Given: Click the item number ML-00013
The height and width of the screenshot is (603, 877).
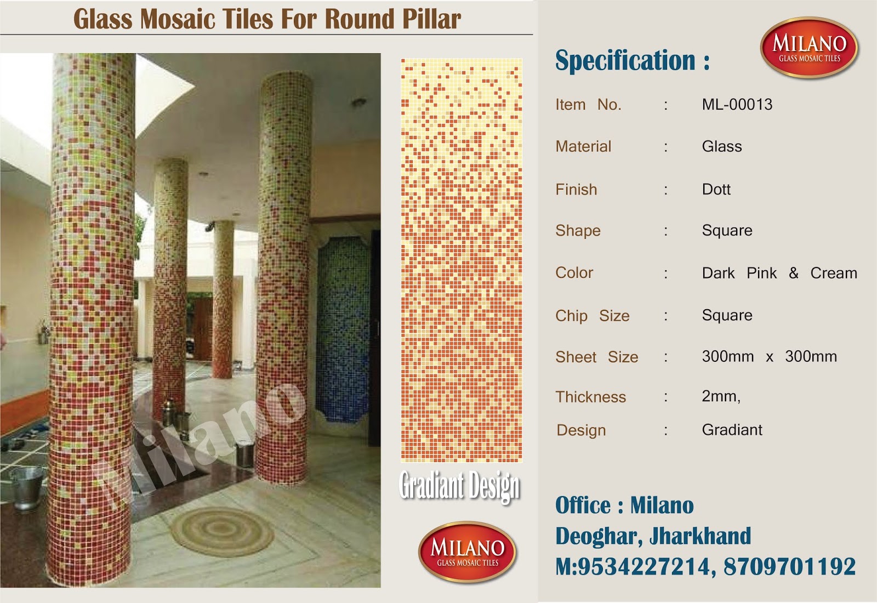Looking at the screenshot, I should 737,104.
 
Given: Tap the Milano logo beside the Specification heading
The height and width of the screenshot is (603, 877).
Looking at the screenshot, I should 809,48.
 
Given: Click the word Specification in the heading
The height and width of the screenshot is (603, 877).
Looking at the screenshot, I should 625,60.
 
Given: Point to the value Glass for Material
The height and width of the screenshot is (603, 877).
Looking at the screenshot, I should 722,146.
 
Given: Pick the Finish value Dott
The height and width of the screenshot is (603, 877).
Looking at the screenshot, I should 716,189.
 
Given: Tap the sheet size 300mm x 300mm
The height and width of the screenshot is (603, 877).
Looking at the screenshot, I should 769,356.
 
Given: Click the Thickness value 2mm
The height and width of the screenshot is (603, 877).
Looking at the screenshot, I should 721,396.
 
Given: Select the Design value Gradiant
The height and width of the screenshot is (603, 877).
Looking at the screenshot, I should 732,430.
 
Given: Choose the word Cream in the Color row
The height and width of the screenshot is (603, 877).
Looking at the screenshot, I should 833,273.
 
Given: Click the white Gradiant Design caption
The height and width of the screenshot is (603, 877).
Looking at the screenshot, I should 459,486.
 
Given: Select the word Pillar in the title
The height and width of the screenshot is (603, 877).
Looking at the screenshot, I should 431,19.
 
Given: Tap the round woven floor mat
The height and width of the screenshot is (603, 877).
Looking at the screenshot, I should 222,530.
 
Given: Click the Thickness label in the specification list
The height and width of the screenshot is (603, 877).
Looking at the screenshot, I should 590,397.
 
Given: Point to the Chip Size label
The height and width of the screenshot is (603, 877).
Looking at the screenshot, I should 592,316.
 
